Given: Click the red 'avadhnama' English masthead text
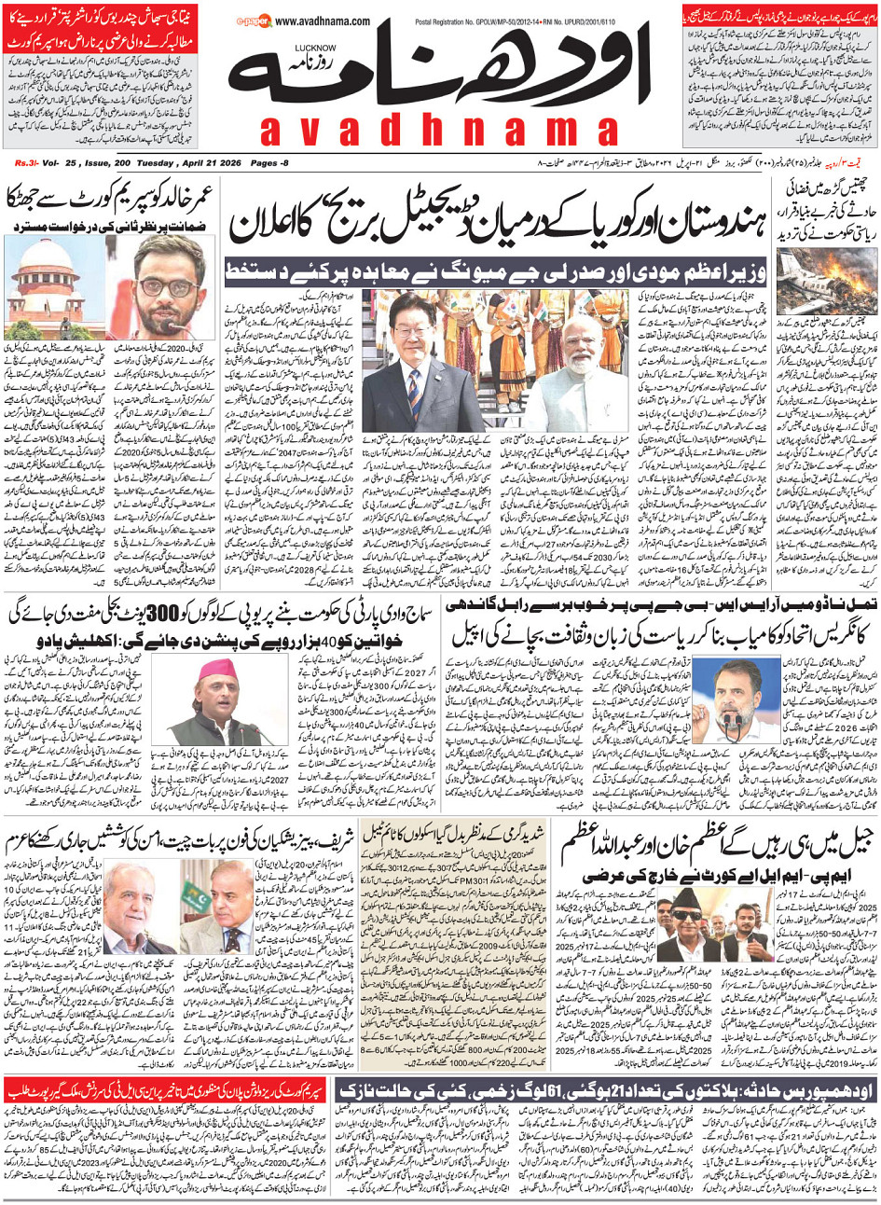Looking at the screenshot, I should tap(438, 131).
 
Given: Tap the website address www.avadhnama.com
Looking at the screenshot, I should tap(323, 21).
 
